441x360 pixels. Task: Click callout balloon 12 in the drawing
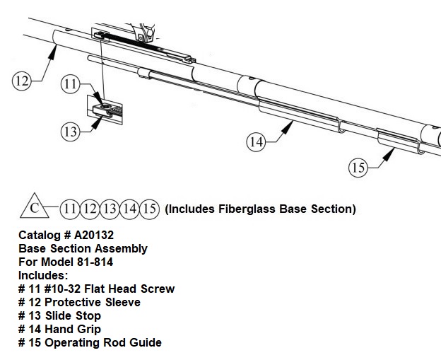click(x=22, y=81)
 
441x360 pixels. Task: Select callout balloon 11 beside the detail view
click(x=70, y=83)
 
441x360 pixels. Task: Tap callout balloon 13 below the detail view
click(x=70, y=132)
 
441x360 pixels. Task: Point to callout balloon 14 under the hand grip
click(x=257, y=142)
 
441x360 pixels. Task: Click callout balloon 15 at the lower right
click(x=358, y=168)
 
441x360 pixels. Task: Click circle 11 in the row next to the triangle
click(x=70, y=209)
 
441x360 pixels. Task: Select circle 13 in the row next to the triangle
click(x=110, y=209)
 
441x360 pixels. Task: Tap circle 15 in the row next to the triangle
click(x=150, y=209)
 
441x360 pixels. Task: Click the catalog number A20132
click(x=94, y=235)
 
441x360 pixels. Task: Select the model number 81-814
click(x=95, y=262)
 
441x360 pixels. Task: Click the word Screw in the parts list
click(x=158, y=289)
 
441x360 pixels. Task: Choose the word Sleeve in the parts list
click(x=123, y=302)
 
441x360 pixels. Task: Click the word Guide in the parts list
click(x=146, y=342)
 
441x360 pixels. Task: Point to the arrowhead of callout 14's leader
click(x=288, y=127)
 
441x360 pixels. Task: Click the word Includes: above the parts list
click(x=43, y=275)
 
